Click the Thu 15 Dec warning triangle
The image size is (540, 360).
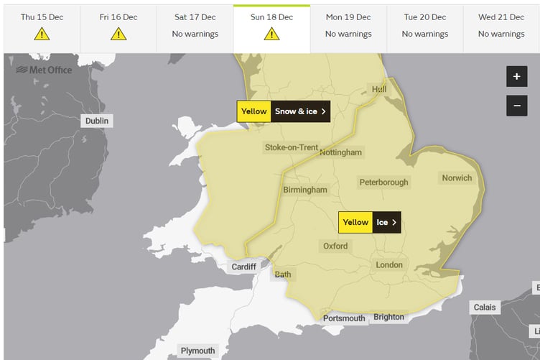tap(42, 34)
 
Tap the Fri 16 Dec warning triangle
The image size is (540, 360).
tap(118, 34)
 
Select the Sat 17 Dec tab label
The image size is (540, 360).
tap(195, 17)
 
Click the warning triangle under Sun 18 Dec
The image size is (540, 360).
tap(271, 34)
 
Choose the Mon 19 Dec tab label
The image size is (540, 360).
tap(348, 17)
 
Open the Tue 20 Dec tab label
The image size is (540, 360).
tap(425, 17)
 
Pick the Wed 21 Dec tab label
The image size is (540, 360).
tap(501, 17)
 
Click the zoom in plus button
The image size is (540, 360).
tap(516, 77)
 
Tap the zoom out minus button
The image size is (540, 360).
tap(516, 106)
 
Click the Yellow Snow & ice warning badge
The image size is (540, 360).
tap(284, 111)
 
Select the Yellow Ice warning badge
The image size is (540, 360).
tap(369, 222)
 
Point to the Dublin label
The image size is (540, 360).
tap(97, 121)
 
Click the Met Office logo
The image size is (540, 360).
tap(44, 70)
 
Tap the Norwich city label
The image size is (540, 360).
tap(457, 178)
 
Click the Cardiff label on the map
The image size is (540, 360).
tap(243, 267)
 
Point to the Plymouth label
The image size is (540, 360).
tap(197, 351)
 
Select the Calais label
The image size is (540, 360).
tap(485, 308)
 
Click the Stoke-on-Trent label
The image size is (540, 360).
tap(291, 147)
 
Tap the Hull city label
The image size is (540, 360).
tap(378, 89)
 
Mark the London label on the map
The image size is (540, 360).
tap(389, 265)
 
